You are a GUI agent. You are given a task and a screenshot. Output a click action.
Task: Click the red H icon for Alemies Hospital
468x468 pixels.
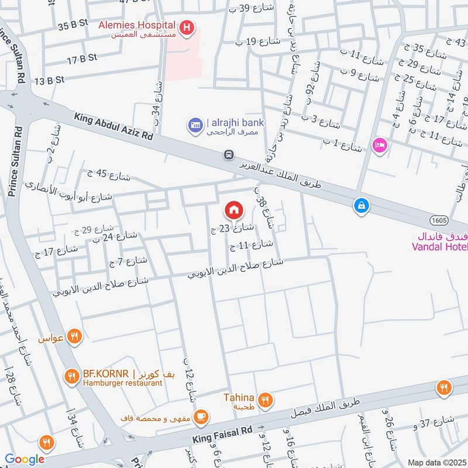click(187, 27)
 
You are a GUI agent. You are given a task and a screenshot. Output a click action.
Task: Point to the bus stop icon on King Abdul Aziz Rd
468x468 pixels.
click(229, 155)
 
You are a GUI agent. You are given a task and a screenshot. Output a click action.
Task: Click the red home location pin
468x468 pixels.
click(233, 209)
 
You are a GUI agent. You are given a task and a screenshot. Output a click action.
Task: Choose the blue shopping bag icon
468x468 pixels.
click(362, 205)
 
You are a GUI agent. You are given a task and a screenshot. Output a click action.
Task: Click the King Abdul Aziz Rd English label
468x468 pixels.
click(113, 126)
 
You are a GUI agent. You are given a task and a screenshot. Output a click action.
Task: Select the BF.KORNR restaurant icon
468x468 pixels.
click(71, 376)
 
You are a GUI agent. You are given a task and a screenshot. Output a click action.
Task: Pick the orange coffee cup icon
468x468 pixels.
click(201, 417)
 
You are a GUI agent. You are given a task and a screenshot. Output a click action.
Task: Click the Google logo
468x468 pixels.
click(25, 459)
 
